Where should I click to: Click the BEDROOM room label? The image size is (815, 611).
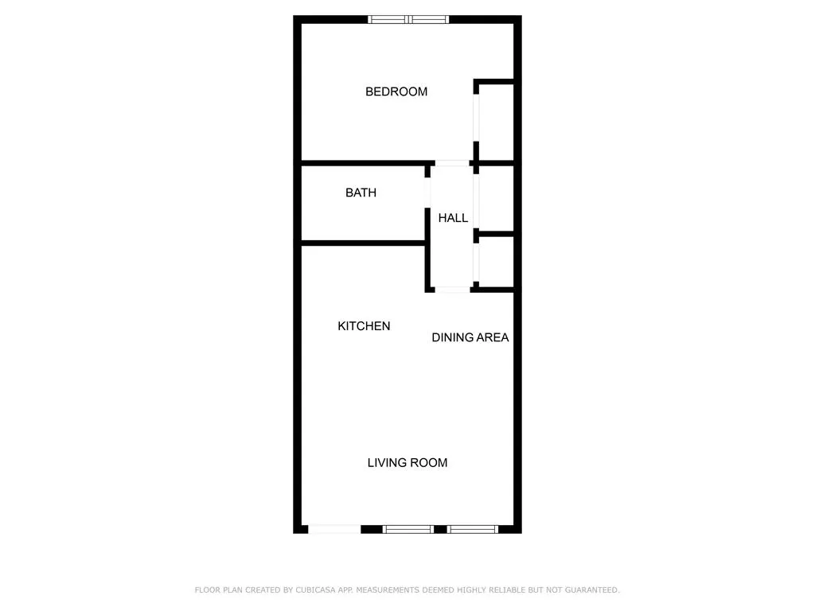tap(396, 91)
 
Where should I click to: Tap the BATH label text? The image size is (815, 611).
tap(361, 193)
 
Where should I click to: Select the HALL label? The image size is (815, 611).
tap(453, 218)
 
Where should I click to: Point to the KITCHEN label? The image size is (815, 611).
tap(364, 325)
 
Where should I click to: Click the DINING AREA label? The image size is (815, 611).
tap(470, 337)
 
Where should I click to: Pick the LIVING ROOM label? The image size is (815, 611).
tap(407, 462)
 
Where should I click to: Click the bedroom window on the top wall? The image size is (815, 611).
tap(408, 20)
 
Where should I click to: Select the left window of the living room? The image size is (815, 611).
tap(408, 529)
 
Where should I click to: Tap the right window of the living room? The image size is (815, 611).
tap(473, 529)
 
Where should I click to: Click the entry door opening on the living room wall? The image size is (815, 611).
tap(334, 529)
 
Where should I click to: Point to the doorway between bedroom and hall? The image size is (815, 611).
tap(452, 163)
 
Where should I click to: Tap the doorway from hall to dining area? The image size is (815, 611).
tap(452, 290)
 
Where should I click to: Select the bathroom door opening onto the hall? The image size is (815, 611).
tap(427, 193)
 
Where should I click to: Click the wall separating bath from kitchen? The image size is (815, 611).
tap(363, 243)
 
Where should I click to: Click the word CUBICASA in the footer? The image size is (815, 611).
tap(315, 590)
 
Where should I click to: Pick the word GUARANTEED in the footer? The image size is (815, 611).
tap(592, 590)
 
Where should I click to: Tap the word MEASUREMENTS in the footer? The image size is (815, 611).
tap(388, 590)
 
